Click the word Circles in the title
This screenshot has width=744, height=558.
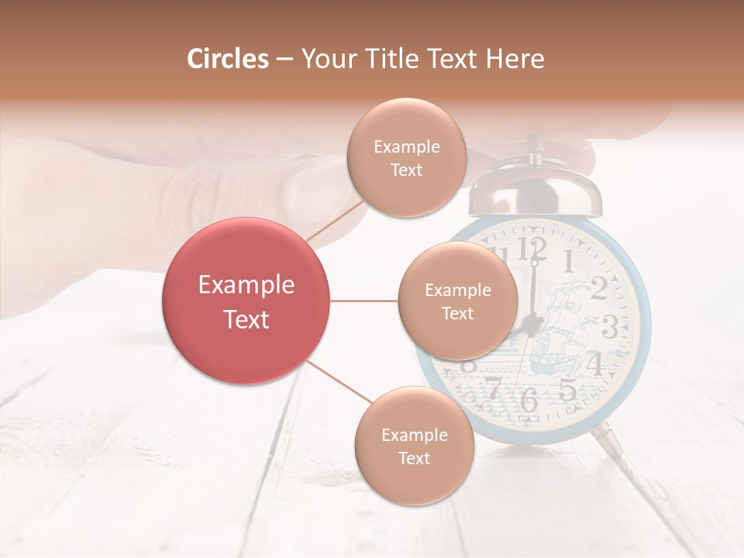coord(227,59)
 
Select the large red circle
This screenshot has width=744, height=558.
coord(246,301)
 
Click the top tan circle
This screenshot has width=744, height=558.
coord(405,157)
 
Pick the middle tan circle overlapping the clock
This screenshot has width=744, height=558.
coord(457,301)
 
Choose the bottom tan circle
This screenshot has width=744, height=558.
coord(414,446)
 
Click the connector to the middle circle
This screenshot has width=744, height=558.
coord(364,301)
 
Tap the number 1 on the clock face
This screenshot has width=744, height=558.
coord(567,260)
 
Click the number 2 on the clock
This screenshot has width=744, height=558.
coord(598,288)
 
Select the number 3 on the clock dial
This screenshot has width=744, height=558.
coord(611,327)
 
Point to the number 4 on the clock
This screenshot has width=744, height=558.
coord(594,363)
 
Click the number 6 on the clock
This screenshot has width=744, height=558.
coord(529,400)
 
